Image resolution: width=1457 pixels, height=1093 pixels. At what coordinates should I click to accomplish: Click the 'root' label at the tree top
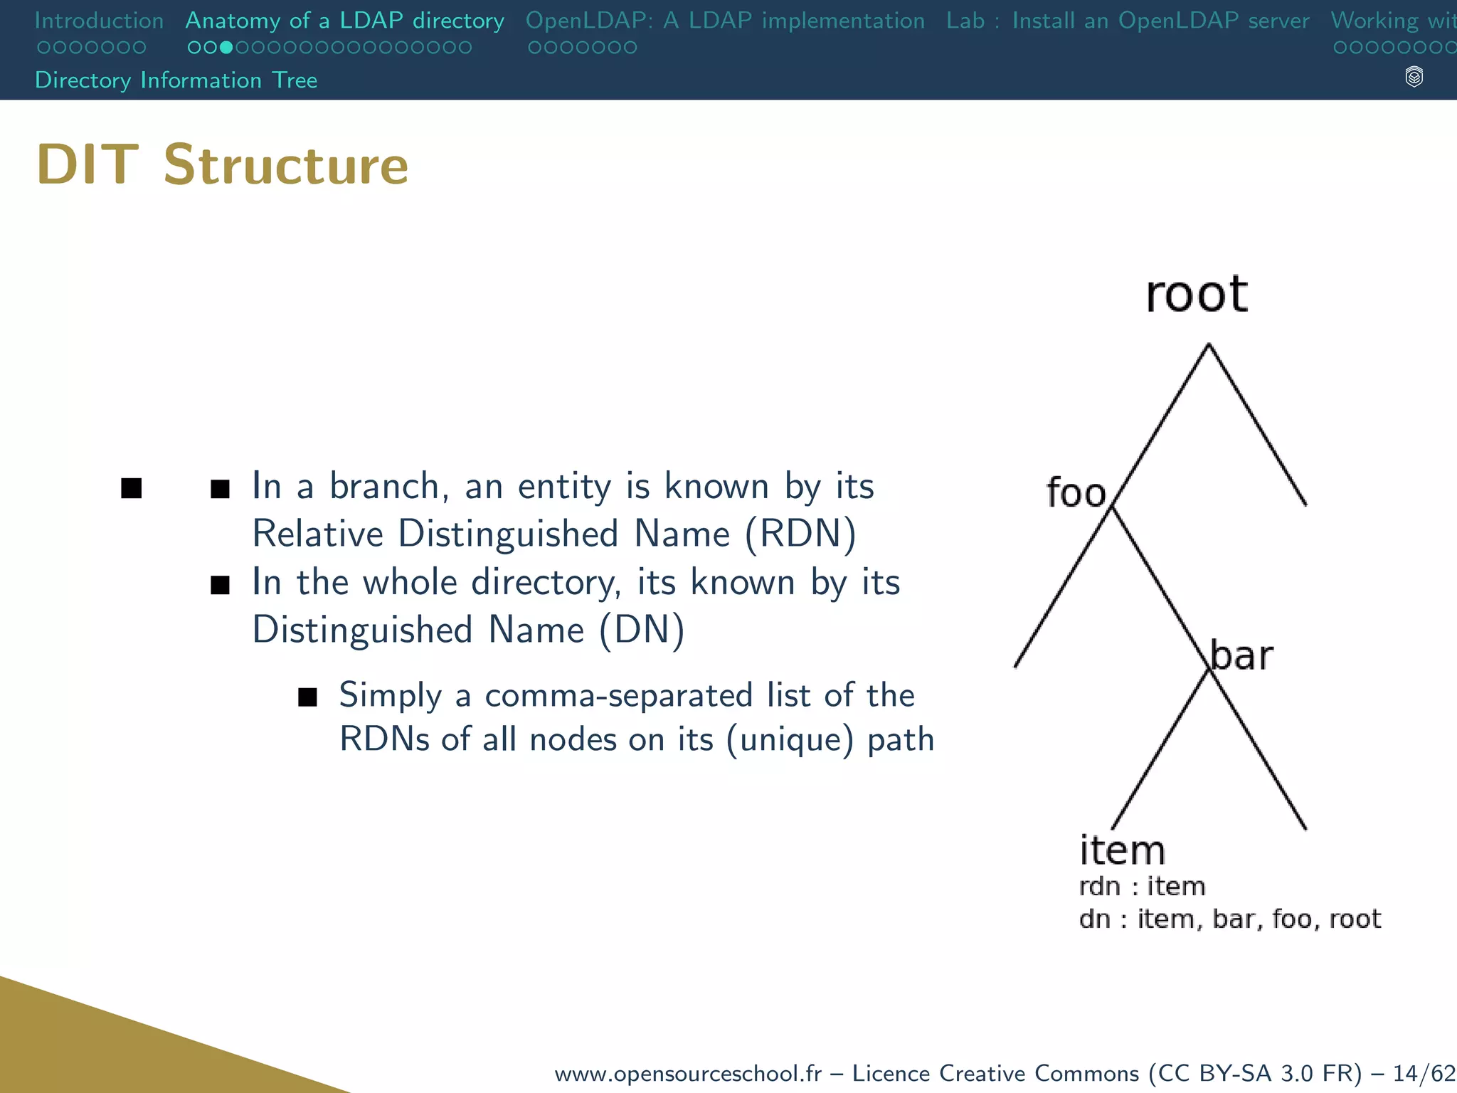pos(1197,294)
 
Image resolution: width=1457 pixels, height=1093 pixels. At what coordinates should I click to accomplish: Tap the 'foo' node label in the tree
pos(1076,492)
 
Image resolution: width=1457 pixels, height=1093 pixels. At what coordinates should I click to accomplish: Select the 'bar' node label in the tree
pos(1241,655)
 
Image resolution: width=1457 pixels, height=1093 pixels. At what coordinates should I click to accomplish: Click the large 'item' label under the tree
pos(1122,850)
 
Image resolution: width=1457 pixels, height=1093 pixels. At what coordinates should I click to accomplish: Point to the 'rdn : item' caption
pos(1142,887)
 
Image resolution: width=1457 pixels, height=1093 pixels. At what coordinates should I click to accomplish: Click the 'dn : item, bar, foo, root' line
pos(1229,919)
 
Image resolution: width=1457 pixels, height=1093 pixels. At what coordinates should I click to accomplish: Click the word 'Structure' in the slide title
pos(286,165)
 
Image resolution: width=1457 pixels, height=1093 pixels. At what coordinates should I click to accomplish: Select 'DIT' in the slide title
pos(87,165)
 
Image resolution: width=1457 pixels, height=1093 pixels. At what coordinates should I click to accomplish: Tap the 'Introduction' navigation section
pos(99,21)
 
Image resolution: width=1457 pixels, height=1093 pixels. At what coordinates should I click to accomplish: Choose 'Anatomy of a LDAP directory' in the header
pos(344,21)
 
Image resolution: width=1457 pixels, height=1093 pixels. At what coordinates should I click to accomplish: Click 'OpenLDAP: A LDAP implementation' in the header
pos(725,21)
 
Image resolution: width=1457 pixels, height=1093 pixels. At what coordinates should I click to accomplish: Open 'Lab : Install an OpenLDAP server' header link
pos(1128,21)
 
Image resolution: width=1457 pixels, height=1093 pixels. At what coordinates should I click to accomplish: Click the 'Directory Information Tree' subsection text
pos(176,80)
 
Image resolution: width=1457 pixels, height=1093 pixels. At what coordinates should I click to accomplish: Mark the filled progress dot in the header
pos(226,48)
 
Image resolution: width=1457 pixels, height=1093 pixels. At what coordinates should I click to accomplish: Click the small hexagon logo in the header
pos(1414,77)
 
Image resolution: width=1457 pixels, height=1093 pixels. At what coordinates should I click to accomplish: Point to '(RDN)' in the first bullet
pos(800,534)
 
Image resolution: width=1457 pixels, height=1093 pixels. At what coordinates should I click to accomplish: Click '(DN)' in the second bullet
pos(642,630)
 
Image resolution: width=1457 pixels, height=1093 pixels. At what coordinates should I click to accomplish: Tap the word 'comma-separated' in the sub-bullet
pos(618,695)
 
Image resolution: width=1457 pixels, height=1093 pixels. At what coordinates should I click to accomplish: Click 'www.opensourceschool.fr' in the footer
pos(687,1073)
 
